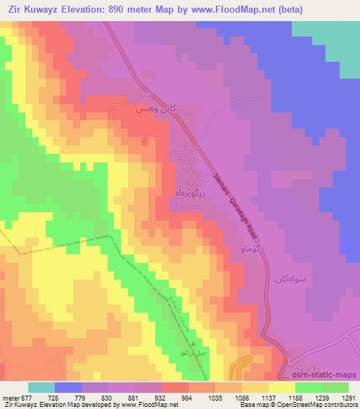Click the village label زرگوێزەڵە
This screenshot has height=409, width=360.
(x=188, y=190)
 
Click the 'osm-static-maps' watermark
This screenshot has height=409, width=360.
(x=330, y=375)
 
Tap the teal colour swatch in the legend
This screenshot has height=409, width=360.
(x=41, y=387)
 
